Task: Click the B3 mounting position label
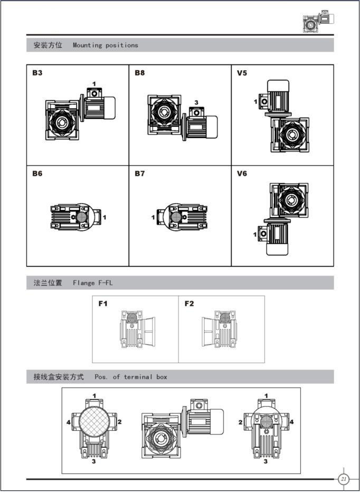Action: click(x=37, y=73)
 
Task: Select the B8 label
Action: click(x=140, y=73)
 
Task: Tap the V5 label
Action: click(x=242, y=73)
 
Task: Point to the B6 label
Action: click(x=37, y=173)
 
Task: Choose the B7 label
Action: click(x=140, y=173)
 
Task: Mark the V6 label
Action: click(x=242, y=173)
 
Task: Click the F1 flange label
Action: click(x=103, y=304)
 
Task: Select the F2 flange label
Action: click(x=189, y=304)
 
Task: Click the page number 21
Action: click(x=343, y=479)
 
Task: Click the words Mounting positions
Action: click(x=106, y=45)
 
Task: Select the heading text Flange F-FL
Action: click(x=93, y=283)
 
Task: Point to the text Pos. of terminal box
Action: click(x=131, y=377)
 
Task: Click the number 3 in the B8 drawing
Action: click(x=196, y=102)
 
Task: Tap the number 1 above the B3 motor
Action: click(x=94, y=84)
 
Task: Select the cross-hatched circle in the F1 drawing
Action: click(x=132, y=318)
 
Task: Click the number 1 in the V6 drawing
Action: click(x=255, y=234)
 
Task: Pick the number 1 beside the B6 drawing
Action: click(x=105, y=217)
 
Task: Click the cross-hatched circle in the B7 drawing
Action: click(x=176, y=217)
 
